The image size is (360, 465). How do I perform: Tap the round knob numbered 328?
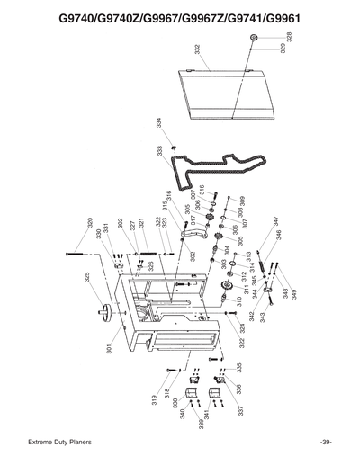pyautogui.click(x=255, y=38)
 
